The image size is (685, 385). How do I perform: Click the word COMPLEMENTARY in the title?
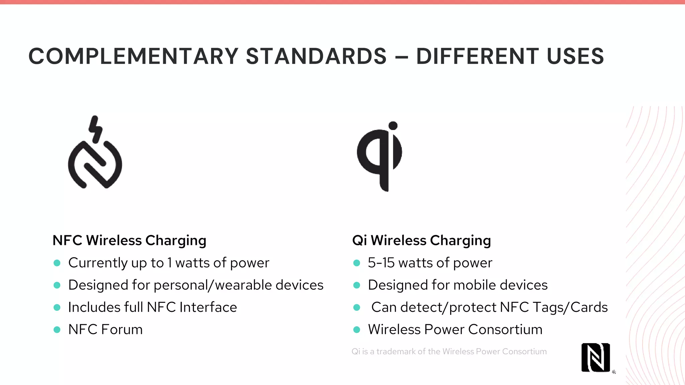(x=133, y=56)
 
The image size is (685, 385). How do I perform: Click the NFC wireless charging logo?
(x=95, y=164)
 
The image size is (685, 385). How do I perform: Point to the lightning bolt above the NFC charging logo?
(x=95, y=129)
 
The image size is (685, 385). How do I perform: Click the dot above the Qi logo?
(x=393, y=126)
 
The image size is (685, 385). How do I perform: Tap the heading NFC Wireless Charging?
(x=129, y=241)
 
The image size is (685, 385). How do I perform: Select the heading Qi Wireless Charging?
(x=421, y=241)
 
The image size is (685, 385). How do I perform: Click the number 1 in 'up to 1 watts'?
(x=170, y=263)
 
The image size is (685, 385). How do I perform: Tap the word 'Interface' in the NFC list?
(x=208, y=307)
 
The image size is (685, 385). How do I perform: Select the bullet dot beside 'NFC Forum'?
(x=57, y=330)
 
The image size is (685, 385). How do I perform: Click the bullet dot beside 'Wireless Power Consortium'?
(x=357, y=330)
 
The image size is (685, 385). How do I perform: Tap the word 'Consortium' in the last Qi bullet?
(x=505, y=330)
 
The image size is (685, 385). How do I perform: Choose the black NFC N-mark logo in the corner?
(x=595, y=358)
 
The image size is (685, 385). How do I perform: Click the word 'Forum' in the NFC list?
(x=122, y=330)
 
